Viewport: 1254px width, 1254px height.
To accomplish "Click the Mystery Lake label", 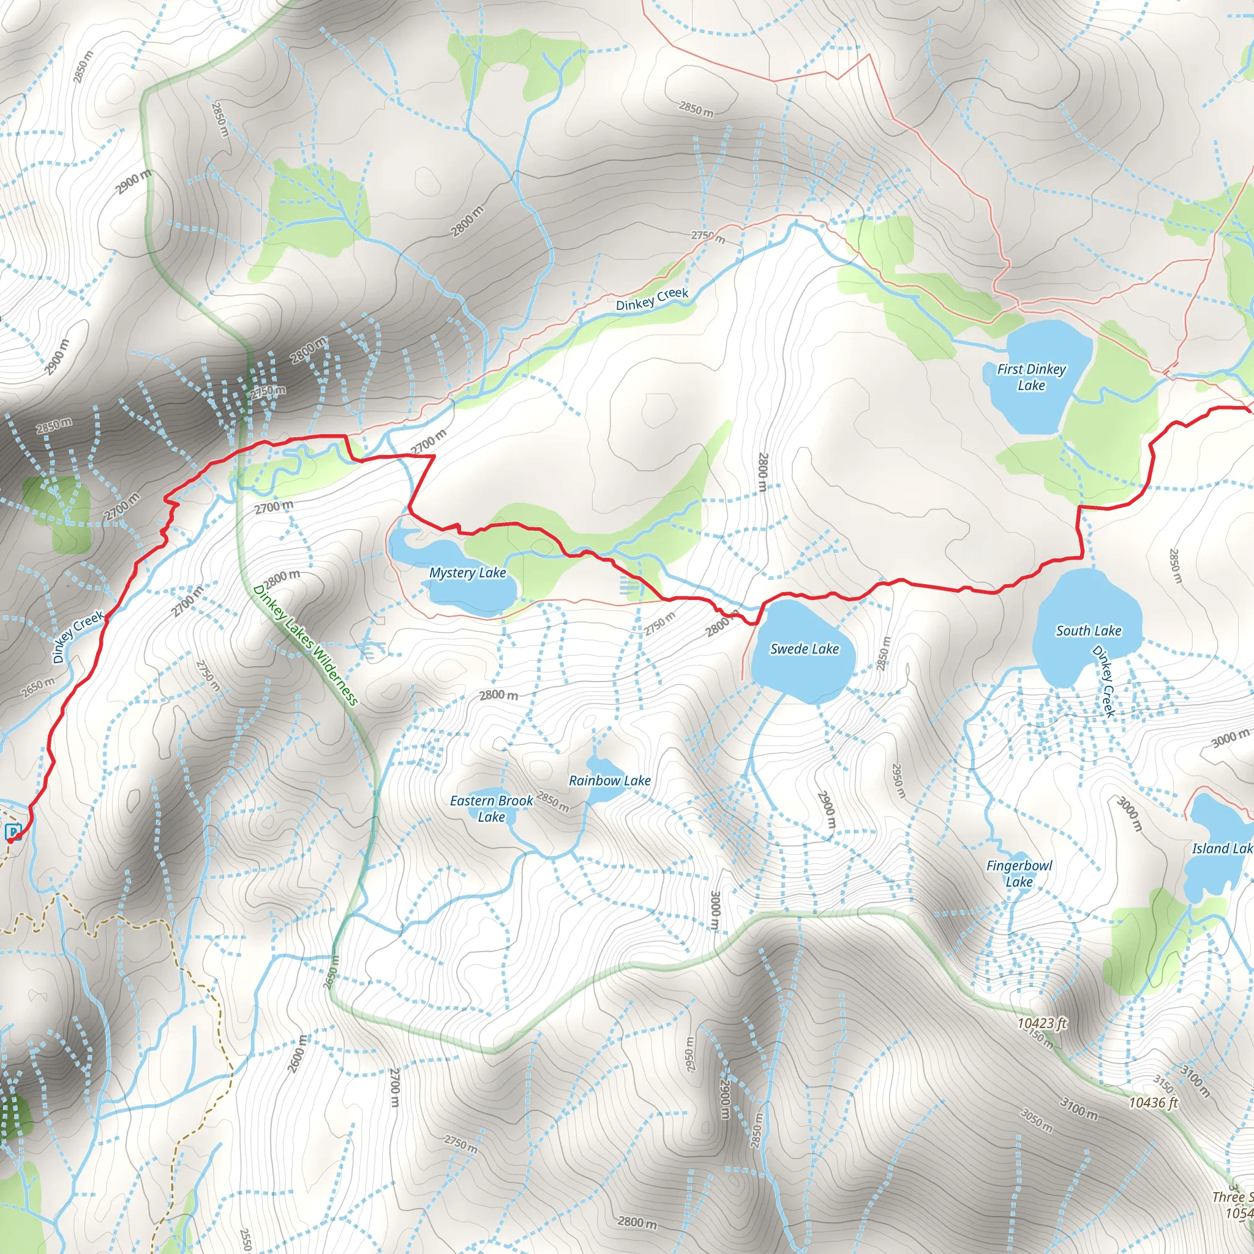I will [x=467, y=573].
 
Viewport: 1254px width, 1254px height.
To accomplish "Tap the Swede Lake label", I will [x=804, y=648].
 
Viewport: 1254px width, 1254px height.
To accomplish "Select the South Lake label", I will [x=1089, y=630].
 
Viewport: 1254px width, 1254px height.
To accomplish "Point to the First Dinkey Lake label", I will [x=1031, y=377].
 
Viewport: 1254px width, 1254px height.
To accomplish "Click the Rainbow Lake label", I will [x=609, y=780].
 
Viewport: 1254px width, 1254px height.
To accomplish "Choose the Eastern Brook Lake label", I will [x=491, y=809].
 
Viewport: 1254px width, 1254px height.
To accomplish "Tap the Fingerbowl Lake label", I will [x=1019, y=873].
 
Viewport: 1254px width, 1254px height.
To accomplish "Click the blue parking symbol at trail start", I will [x=13, y=832].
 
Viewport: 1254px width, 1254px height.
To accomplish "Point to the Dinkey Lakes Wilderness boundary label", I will [x=305, y=645].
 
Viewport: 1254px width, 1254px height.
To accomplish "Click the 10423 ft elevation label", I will [x=1042, y=1024].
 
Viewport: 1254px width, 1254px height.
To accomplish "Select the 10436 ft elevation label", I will [x=1154, y=1102].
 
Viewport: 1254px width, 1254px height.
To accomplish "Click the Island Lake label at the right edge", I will [x=1222, y=848].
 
